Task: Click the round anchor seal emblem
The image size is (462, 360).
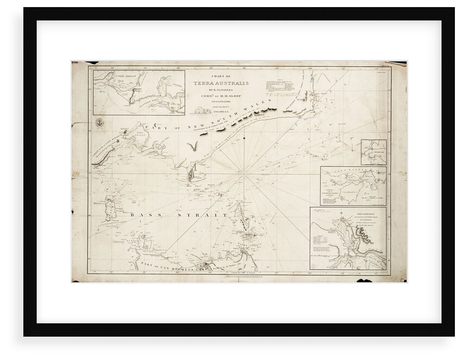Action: (x=99, y=123)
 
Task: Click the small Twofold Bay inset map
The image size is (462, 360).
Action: (x=374, y=152)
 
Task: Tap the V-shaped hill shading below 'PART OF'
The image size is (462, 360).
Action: (x=192, y=147)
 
